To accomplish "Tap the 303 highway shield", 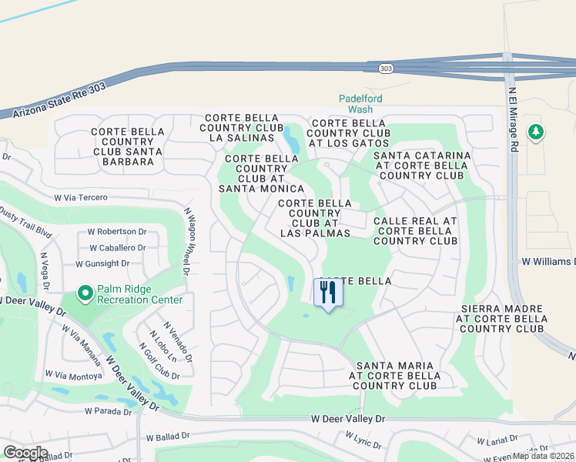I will click(x=385, y=69).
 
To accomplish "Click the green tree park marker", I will click(x=535, y=132).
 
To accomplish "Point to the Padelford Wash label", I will click(x=360, y=104).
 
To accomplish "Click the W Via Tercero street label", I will click(x=80, y=198).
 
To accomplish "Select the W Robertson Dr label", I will click(x=116, y=231).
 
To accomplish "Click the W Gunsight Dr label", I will click(x=108, y=263).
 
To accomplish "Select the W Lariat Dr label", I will click(x=496, y=440).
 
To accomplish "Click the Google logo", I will click(x=25, y=452).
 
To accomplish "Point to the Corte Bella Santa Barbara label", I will click(x=128, y=142).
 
